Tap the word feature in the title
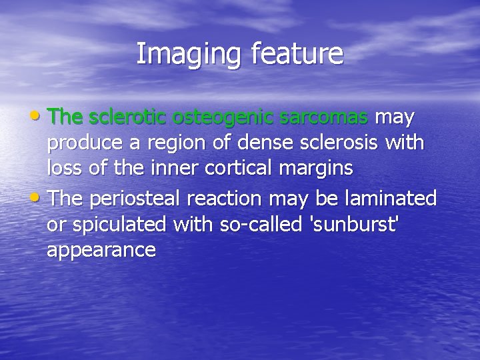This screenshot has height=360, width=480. pos(297,54)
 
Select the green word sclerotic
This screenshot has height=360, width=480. pos(127,117)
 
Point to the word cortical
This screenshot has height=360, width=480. pos(234,168)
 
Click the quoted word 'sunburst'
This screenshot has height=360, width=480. pos(355,224)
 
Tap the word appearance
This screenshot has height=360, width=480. pos(101,251)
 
